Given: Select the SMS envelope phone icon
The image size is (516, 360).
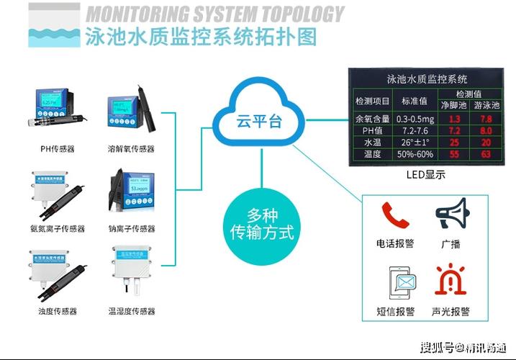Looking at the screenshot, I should point(394,283).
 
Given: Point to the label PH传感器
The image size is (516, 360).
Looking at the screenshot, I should point(57,149).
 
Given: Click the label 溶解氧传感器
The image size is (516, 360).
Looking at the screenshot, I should point(131,149).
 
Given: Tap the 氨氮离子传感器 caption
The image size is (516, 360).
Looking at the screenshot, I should point(58,229).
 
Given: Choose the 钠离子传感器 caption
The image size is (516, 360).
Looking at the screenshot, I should point(131,229).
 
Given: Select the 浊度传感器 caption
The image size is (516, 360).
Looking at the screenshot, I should point(58,311).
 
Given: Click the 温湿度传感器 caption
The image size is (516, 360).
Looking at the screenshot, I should point(131,311).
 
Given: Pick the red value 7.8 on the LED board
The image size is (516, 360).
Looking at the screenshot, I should point(486,118).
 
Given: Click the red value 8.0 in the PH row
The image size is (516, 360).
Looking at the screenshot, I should point(486,130).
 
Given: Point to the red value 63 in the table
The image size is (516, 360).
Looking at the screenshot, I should point(486,154).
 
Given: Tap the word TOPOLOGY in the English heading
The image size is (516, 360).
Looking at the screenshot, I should point(295,14).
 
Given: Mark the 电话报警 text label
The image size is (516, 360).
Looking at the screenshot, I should point(395,243).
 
